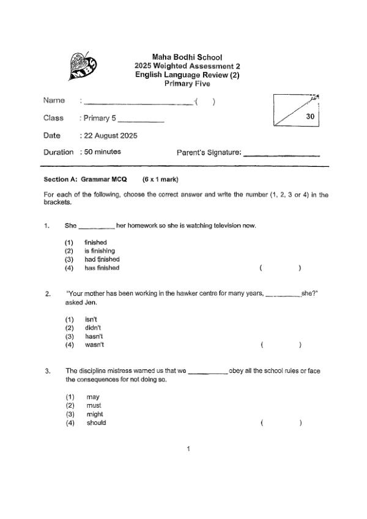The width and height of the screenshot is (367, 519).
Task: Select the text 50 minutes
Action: (102, 152)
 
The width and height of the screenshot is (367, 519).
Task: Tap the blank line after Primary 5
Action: (144, 120)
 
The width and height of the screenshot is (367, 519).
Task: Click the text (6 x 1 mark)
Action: (160, 180)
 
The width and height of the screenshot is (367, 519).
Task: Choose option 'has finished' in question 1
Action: (102, 268)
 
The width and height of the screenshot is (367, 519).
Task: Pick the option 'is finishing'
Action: (99, 251)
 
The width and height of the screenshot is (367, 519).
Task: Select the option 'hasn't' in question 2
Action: (94, 336)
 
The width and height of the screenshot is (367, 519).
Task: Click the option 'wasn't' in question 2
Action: (94, 345)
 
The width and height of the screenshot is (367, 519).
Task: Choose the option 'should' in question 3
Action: (96, 422)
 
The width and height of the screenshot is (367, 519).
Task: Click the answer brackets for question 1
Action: (280, 268)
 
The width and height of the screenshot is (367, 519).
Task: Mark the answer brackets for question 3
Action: (280, 422)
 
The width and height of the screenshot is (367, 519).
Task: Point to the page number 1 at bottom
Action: (188, 449)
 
